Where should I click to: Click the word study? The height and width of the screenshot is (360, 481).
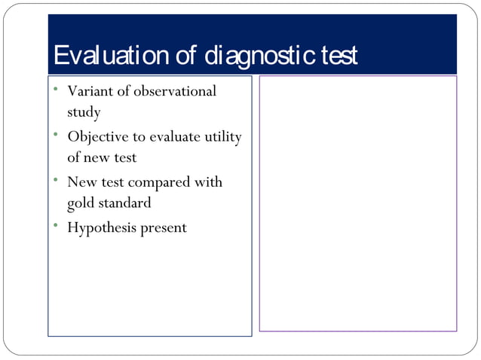tap(84, 113)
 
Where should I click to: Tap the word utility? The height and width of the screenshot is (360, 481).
tap(222, 136)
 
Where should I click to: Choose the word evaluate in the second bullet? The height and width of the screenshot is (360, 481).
tap(174, 136)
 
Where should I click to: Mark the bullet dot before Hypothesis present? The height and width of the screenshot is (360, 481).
tap(56, 225)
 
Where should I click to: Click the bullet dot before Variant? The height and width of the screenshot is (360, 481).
tap(56, 89)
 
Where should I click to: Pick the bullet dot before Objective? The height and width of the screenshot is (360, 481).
tap(56, 134)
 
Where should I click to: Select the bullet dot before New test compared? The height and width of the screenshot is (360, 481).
tap(56, 179)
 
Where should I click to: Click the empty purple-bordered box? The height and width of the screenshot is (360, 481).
tap(358, 203)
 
